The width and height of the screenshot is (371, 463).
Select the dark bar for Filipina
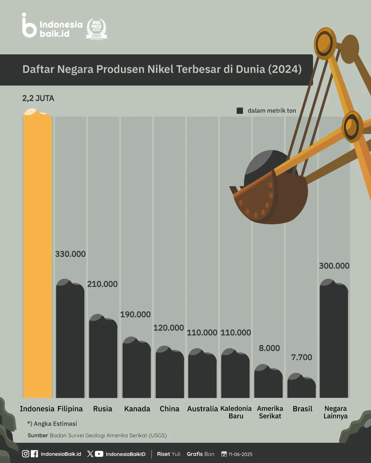click(70, 340)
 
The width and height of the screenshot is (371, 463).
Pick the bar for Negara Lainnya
click(334, 340)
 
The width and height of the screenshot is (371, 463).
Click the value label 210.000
click(102, 284)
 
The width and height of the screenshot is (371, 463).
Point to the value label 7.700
click(302, 357)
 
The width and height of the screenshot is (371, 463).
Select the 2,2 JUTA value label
click(38, 98)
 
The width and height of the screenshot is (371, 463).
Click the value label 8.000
click(269, 348)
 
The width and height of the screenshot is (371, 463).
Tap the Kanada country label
click(137, 409)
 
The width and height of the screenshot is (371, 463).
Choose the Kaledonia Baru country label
click(236, 412)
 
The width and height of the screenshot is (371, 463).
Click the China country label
click(169, 409)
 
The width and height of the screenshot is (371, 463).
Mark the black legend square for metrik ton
click(240, 111)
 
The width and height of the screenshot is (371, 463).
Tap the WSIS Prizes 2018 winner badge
click(97, 29)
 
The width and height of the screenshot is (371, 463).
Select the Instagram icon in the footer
click(25, 454)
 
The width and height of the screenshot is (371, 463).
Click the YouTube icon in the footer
click(99, 454)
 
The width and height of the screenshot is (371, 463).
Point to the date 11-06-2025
click(240, 454)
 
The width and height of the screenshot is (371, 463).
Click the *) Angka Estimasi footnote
click(52, 424)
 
